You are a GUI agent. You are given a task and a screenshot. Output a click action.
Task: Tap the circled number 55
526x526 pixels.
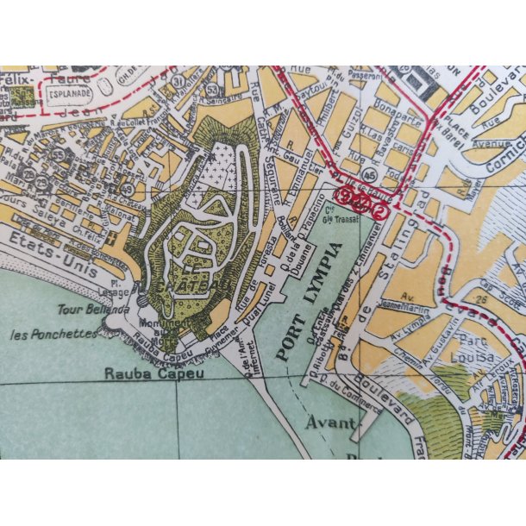pos(59,153)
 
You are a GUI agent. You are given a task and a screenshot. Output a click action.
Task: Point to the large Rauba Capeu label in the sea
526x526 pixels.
pos(142,374)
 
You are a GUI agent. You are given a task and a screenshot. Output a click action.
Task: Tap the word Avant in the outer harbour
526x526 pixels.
pos(330,423)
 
